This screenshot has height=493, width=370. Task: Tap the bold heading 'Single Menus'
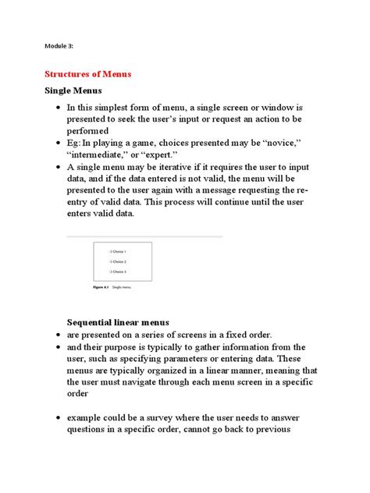[71, 91]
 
